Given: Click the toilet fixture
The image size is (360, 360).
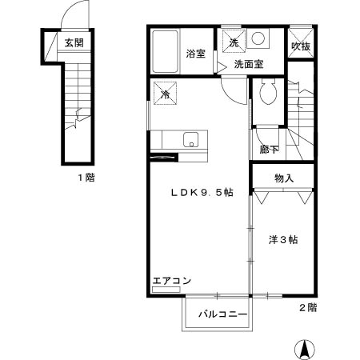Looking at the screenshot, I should [x=268, y=94].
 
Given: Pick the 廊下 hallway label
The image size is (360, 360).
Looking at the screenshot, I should [x=270, y=150].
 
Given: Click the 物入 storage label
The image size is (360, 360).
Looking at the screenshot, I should [x=284, y=178].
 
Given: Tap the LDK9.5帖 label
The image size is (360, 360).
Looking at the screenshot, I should [x=201, y=193].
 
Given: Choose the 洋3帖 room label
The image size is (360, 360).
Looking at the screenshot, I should [x=283, y=239].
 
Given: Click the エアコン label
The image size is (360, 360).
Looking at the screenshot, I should [x=172, y=280].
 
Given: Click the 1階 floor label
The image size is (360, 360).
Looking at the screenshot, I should [x=86, y=177].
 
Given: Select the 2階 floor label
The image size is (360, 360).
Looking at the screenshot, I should [x=308, y=307].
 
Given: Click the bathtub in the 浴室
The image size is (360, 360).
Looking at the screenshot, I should [x=166, y=52].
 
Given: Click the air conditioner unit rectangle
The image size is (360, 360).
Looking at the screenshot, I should [x=162, y=289].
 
